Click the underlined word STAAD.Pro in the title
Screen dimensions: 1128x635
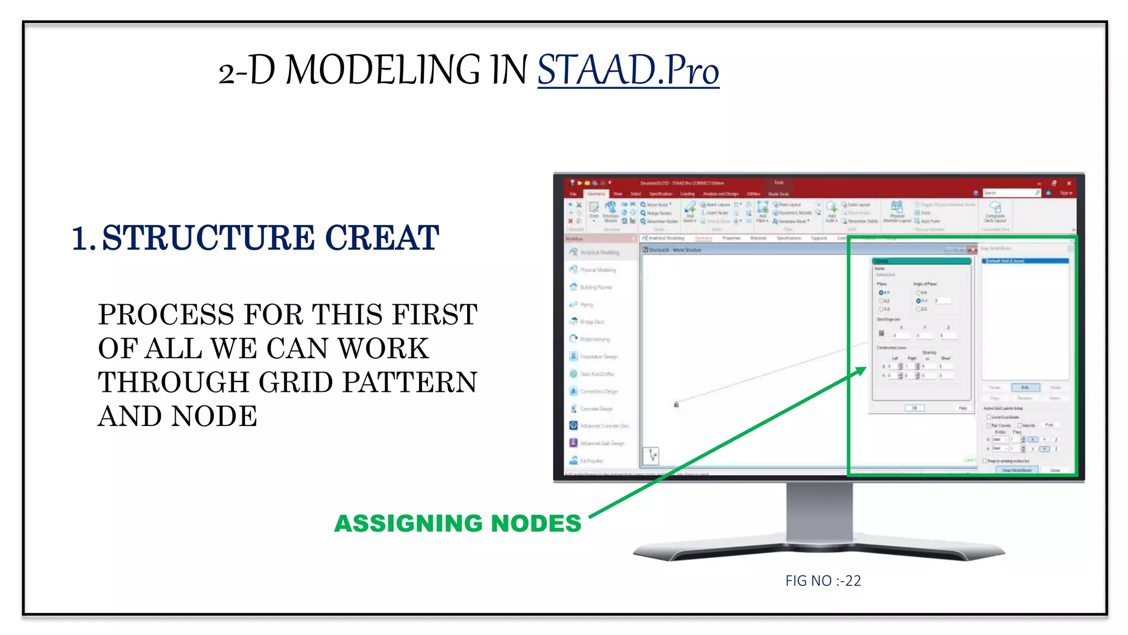(x=628, y=71)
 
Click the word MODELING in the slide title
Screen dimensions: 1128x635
(x=382, y=71)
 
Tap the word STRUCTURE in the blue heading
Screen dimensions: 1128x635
(x=208, y=238)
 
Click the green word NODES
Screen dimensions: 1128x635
(x=535, y=523)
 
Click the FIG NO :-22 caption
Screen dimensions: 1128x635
(x=823, y=580)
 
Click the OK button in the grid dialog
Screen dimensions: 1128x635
(x=914, y=408)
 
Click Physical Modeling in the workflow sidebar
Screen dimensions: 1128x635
(x=597, y=270)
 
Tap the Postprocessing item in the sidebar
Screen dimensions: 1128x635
(x=594, y=339)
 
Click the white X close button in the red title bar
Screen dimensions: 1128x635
(x=1069, y=183)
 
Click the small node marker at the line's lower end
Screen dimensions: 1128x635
(x=676, y=405)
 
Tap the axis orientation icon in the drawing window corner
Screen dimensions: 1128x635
(x=651, y=455)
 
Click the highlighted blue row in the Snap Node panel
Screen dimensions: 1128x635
(x=1026, y=261)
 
